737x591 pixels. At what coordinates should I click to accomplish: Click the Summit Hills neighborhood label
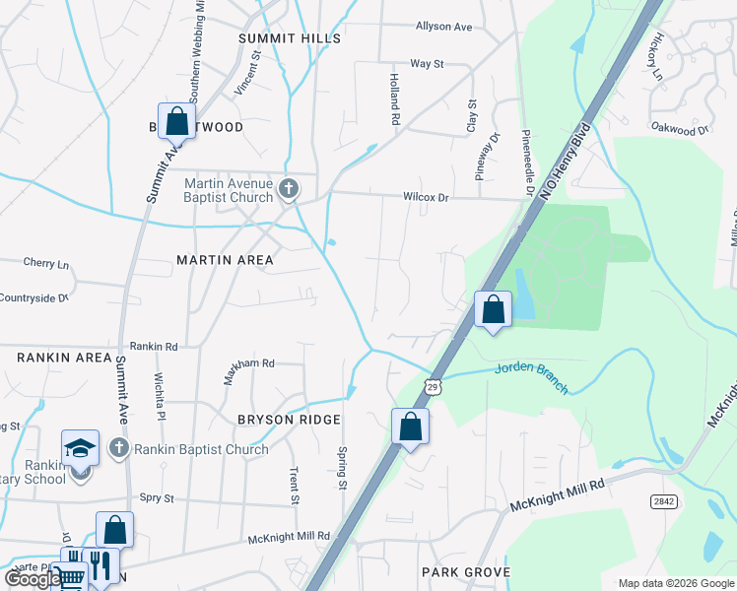coord(290,38)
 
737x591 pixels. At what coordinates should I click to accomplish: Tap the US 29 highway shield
coord(433,387)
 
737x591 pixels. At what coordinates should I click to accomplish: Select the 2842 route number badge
coord(663,501)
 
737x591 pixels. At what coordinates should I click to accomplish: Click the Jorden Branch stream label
coord(531,376)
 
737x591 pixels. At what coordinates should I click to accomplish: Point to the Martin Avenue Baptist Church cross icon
coord(289,187)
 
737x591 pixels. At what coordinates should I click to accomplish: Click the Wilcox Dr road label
coord(425,197)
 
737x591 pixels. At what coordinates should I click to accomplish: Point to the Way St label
coord(427,64)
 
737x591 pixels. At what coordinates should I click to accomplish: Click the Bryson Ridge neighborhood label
coord(281,420)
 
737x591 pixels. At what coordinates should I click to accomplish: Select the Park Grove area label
coord(465,572)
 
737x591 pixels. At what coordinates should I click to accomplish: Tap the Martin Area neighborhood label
coord(225,260)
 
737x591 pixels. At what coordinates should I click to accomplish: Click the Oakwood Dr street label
coord(680,128)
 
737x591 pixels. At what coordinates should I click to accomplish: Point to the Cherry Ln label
coord(46,264)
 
